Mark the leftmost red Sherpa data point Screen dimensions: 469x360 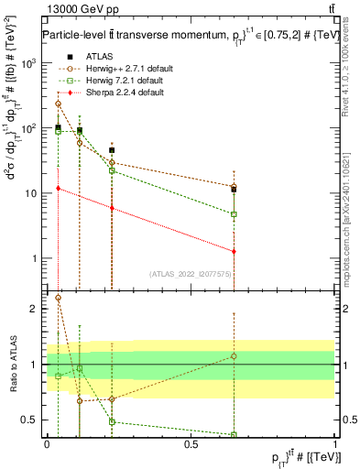tap(58, 189)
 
